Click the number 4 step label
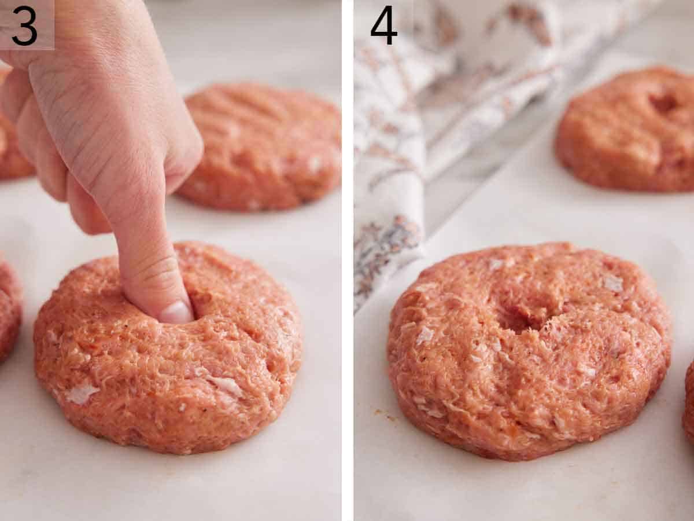point(383,25)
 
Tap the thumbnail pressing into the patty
point(176,313)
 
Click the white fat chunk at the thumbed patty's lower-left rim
point(81,394)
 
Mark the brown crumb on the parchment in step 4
point(381,413)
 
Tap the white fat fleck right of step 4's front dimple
point(612,283)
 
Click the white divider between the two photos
point(348,260)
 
